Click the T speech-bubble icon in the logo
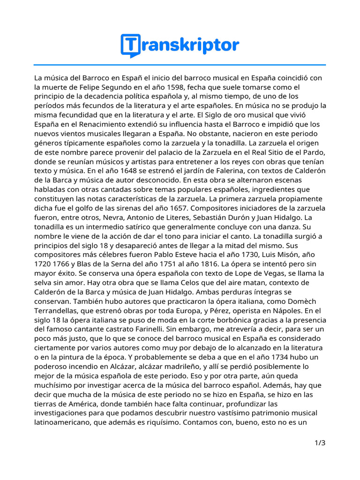point(130,45)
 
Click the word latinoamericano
point(62,421)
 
